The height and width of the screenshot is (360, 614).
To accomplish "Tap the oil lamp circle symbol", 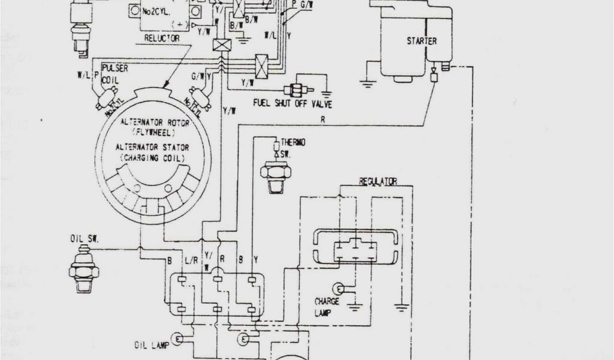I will click(x=178, y=339).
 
